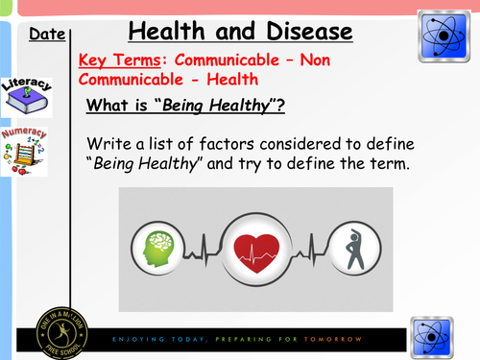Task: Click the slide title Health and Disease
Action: point(240,31)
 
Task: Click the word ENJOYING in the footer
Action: point(136,340)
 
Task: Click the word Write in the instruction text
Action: point(109,143)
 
